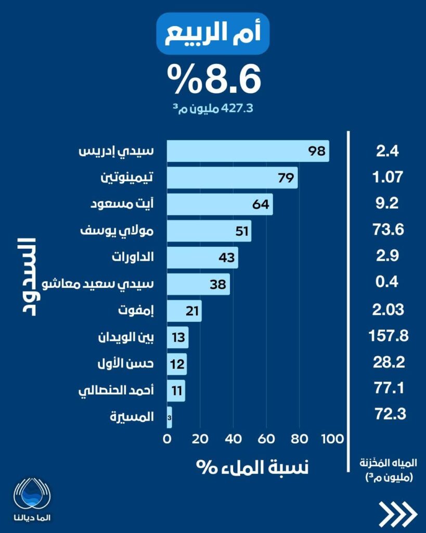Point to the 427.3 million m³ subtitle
click(213, 109)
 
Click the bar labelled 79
click(232, 178)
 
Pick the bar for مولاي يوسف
click(209, 231)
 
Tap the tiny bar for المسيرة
click(169, 417)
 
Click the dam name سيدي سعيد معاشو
click(116, 284)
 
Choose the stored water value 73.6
click(389, 229)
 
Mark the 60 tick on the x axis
click(266, 439)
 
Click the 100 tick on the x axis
click(332, 439)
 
